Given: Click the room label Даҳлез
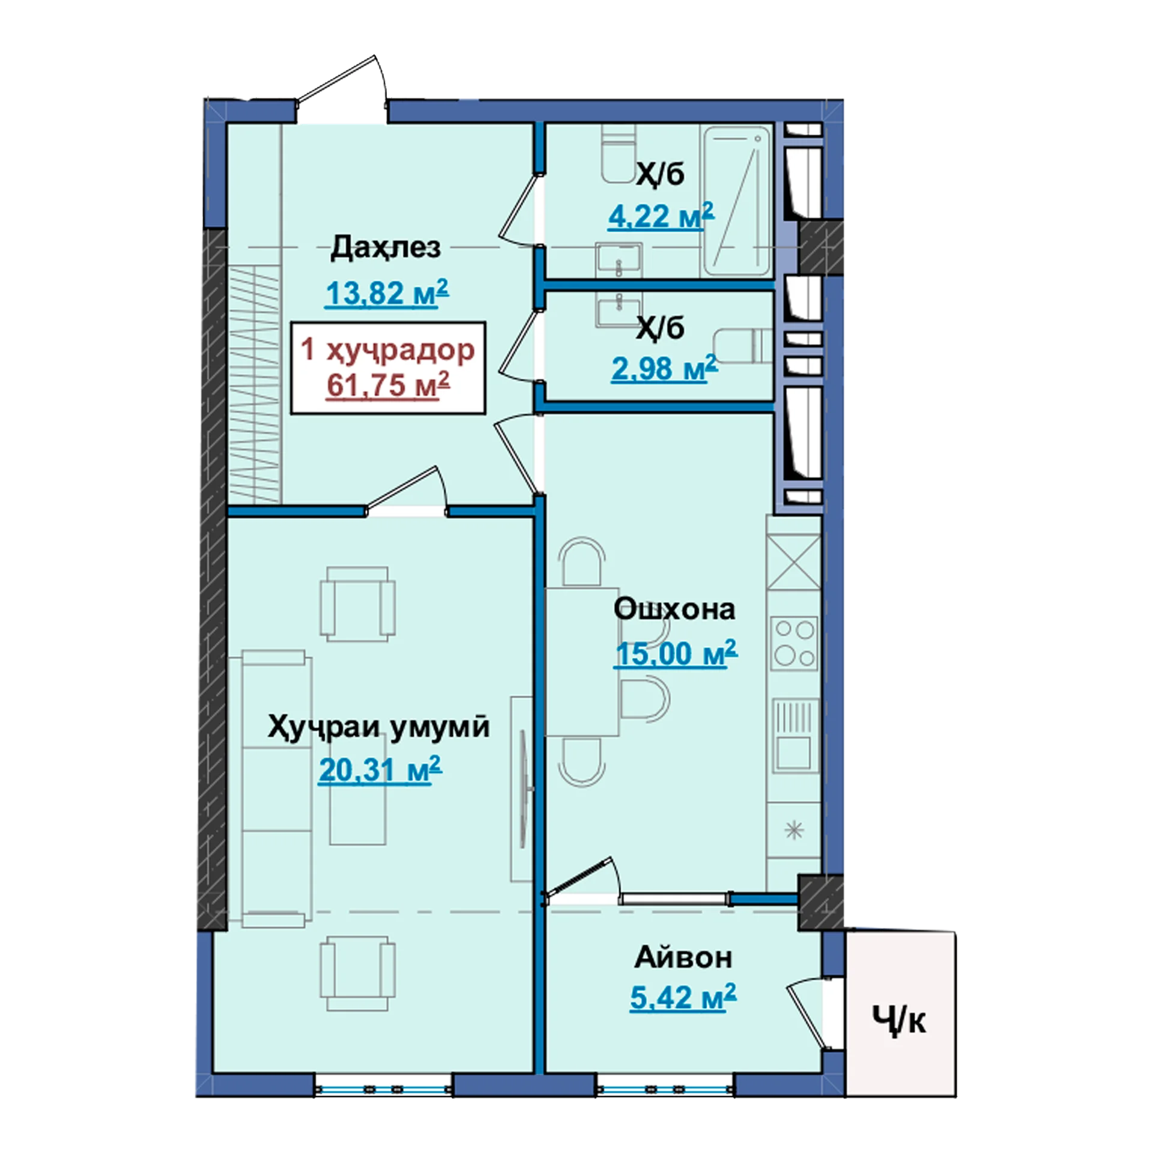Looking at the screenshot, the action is [x=386, y=247].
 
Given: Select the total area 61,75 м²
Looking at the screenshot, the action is [x=388, y=385].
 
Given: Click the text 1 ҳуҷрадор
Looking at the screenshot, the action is [x=387, y=350].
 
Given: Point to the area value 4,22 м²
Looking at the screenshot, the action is [x=661, y=216].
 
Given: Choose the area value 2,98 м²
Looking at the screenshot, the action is [x=664, y=368].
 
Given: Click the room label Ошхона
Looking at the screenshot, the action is [x=674, y=609].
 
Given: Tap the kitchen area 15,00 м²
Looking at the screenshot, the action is [x=675, y=653].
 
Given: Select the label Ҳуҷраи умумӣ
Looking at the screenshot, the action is [x=378, y=727].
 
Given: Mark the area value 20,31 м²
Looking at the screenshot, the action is [x=380, y=770].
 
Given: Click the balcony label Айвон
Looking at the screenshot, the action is [x=683, y=958].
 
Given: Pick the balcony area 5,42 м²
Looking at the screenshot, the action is [x=683, y=997].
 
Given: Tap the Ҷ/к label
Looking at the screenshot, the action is [x=899, y=1021].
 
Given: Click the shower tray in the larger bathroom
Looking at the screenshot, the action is [x=737, y=201].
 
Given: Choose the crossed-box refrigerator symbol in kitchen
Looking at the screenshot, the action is [x=794, y=562].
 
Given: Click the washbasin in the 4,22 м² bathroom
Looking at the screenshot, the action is [x=619, y=259].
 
